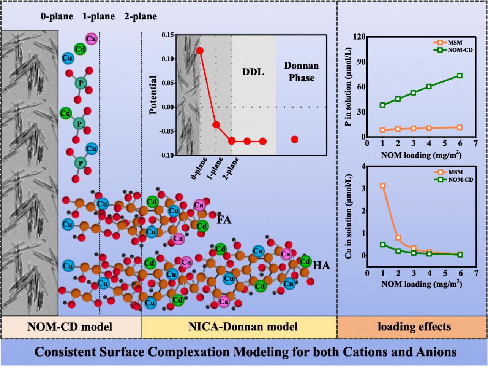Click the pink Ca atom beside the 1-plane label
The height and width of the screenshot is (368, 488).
[91, 38]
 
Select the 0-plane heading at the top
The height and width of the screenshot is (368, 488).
[57, 16]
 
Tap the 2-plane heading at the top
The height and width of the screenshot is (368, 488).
[140, 16]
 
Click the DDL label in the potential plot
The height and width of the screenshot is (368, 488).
[253, 71]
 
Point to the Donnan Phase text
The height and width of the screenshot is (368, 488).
[302, 72]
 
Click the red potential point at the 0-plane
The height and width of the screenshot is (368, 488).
[200, 51]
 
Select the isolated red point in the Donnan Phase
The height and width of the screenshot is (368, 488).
[295, 139]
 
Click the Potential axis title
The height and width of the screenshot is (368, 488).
[153, 95]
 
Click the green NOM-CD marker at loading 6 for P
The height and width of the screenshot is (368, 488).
[460, 76]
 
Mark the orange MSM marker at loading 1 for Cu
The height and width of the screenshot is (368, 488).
[383, 186]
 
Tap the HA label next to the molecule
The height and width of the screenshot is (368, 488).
[321, 266]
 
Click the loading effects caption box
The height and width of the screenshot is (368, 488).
[412, 327]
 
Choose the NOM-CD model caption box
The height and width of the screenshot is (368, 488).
[71, 327]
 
